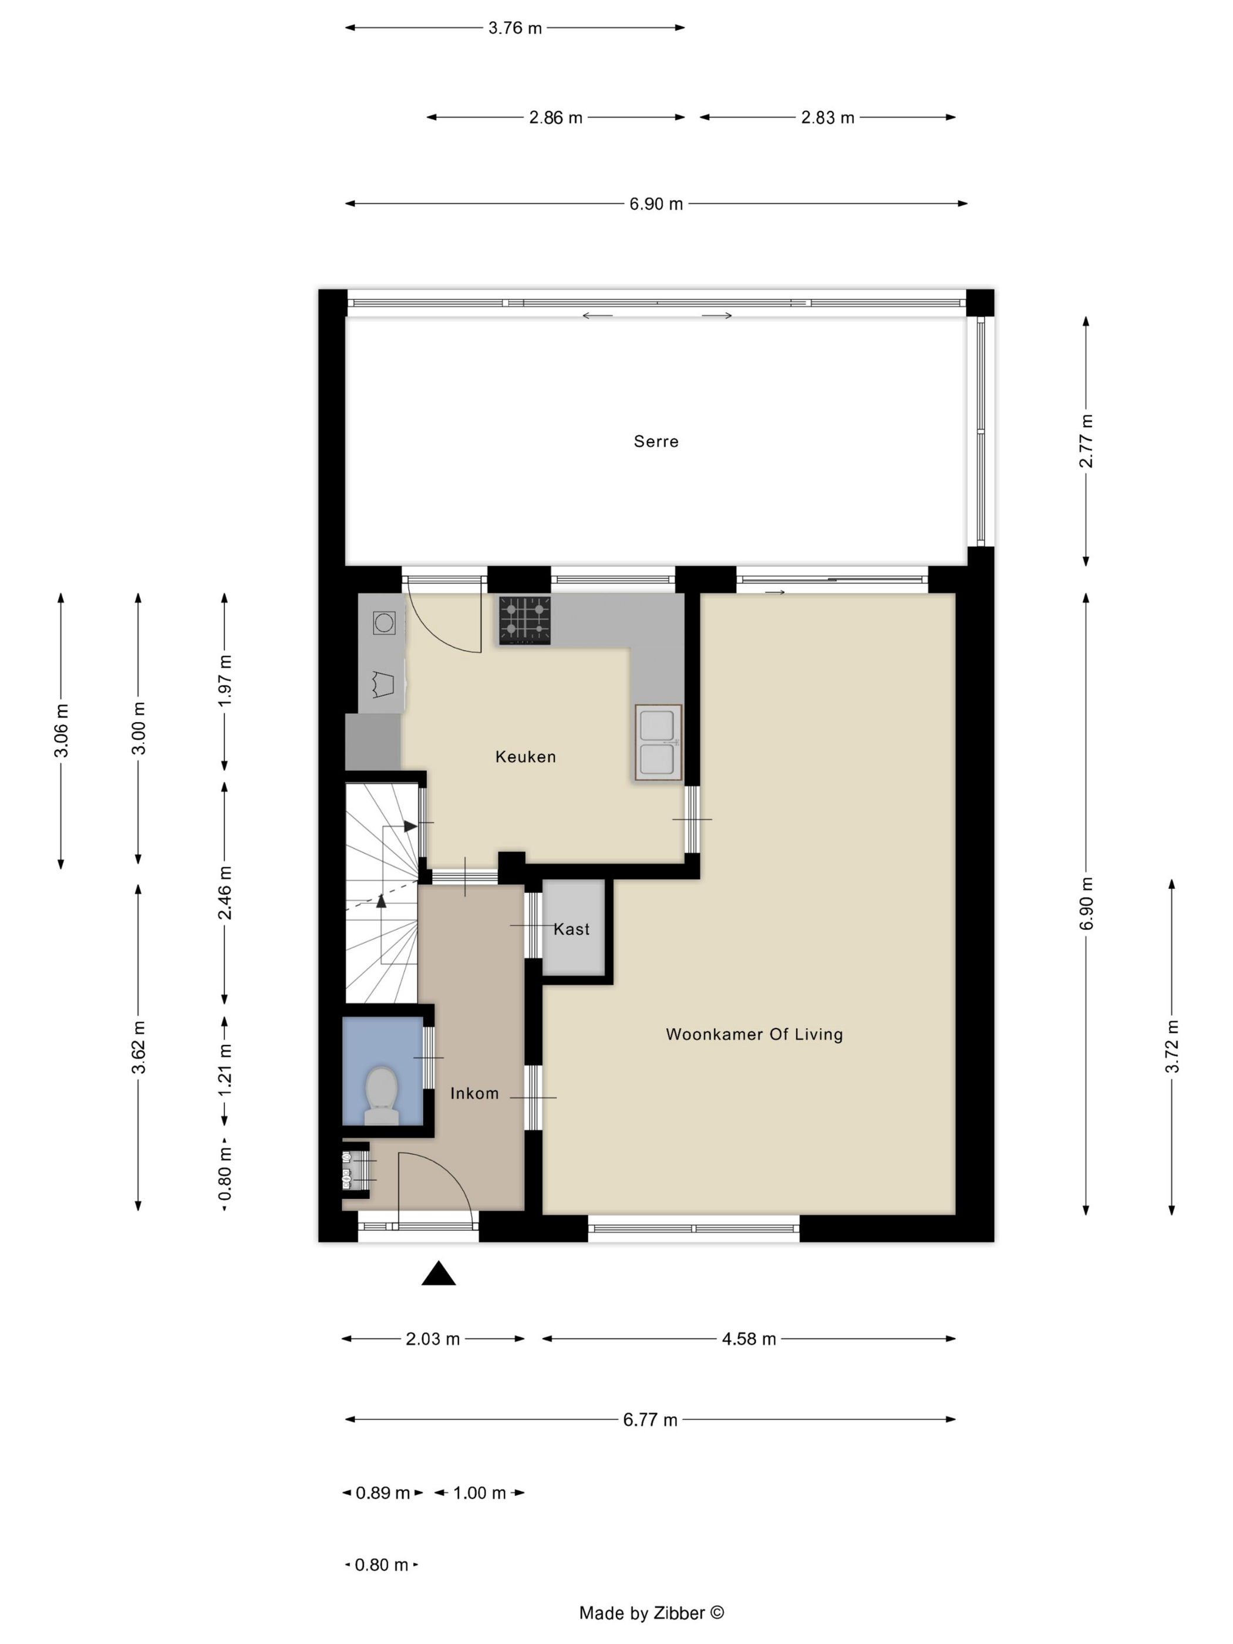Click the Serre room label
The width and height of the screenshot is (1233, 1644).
click(655, 442)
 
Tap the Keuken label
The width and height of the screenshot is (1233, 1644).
click(525, 757)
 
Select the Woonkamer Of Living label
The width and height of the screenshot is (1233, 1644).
click(754, 1034)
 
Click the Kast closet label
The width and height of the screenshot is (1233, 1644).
click(571, 929)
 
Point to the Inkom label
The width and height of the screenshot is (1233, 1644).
click(474, 1093)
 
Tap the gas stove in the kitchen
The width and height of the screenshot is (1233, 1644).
click(525, 620)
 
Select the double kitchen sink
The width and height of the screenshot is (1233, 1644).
click(658, 742)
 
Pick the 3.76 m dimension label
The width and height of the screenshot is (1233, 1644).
click(515, 28)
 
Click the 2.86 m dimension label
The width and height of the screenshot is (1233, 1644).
click(555, 117)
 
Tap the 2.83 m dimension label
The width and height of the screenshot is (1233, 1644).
click(827, 117)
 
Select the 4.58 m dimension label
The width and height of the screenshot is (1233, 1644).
click(749, 1339)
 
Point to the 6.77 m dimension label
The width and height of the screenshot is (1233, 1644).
click(651, 1420)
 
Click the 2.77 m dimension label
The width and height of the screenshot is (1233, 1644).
click(1086, 441)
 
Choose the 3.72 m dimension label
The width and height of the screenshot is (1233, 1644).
click(1172, 1046)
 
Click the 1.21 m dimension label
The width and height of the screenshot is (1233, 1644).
click(224, 1069)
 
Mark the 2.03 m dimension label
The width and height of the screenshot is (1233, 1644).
click(433, 1339)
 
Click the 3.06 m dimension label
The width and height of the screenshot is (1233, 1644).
click(61, 730)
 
